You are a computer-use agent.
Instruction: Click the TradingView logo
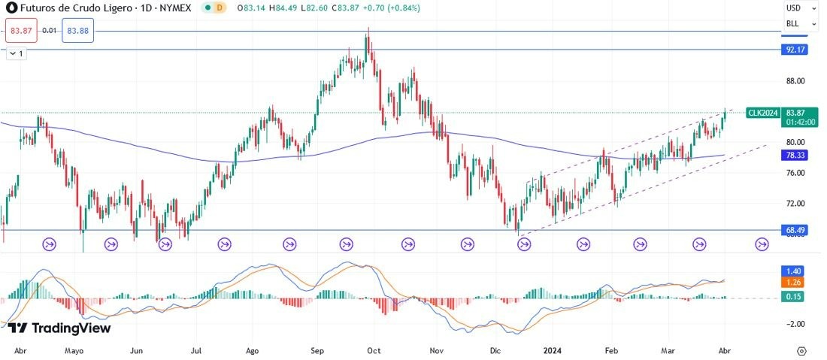(x=59, y=328)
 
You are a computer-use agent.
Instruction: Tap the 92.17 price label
(x=795, y=50)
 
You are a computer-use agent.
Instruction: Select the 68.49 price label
(x=795, y=230)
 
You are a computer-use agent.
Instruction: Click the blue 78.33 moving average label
(x=795, y=155)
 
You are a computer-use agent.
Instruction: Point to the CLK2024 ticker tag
(x=762, y=113)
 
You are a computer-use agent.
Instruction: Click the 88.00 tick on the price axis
(x=795, y=81)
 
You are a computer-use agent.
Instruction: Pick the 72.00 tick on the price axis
(x=795, y=204)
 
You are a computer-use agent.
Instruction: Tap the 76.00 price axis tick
(x=795, y=173)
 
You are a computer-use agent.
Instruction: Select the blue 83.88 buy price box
(x=77, y=31)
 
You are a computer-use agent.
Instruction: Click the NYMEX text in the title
(x=173, y=8)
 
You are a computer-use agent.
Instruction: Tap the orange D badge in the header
(x=220, y=8)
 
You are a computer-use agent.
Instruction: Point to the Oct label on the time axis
(x=374, y=351)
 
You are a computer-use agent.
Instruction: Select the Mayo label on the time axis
(x=74, y=351)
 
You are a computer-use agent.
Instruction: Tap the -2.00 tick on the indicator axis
(x=795, y=324)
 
